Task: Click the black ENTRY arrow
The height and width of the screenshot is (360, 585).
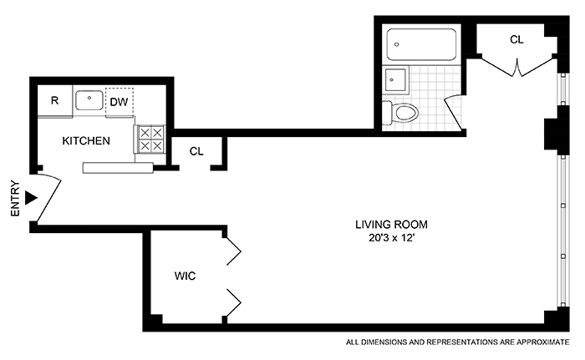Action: [x=32, y=198]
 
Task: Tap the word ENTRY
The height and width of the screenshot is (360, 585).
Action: [x=14, y=198]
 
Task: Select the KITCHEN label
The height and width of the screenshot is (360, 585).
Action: [x=86, y=141]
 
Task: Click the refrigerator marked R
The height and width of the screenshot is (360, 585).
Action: [x=54, y=101]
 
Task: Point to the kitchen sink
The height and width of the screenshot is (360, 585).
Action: [x=89, y=100]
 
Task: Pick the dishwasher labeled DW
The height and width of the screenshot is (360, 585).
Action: [x=119, y=102]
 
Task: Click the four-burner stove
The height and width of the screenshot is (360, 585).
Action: [x=150, y=139]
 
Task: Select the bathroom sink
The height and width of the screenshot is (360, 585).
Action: [x=395, y=80]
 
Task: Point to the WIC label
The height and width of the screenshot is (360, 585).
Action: [x=185, y=276]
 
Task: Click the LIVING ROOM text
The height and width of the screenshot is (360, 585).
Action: [x=391, y=224]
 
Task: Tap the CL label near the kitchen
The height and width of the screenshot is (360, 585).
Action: [x=196, y=151]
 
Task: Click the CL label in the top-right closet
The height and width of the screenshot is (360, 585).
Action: [x=517, y=39]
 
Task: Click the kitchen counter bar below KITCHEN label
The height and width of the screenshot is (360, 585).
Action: [x=117, y=167]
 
